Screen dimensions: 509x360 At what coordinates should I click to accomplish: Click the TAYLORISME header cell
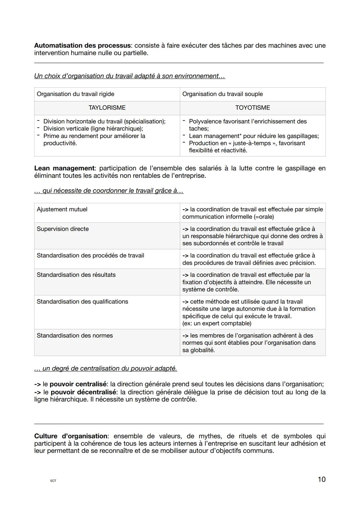click(x=107, y=108)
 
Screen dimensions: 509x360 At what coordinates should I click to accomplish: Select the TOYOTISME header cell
click(x=253, y=108)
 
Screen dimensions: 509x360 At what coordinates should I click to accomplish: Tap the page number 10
click(x=321, y=479)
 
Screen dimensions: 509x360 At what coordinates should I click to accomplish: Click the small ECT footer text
click(x=53, y=481)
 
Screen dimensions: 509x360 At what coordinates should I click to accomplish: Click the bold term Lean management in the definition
click(x=64, y=168)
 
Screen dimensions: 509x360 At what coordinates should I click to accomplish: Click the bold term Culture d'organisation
click(x=71, y=436)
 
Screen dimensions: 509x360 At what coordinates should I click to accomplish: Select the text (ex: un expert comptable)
click(x=217, y=323)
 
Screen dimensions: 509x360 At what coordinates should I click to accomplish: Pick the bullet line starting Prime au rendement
click(x=94, y=136)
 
